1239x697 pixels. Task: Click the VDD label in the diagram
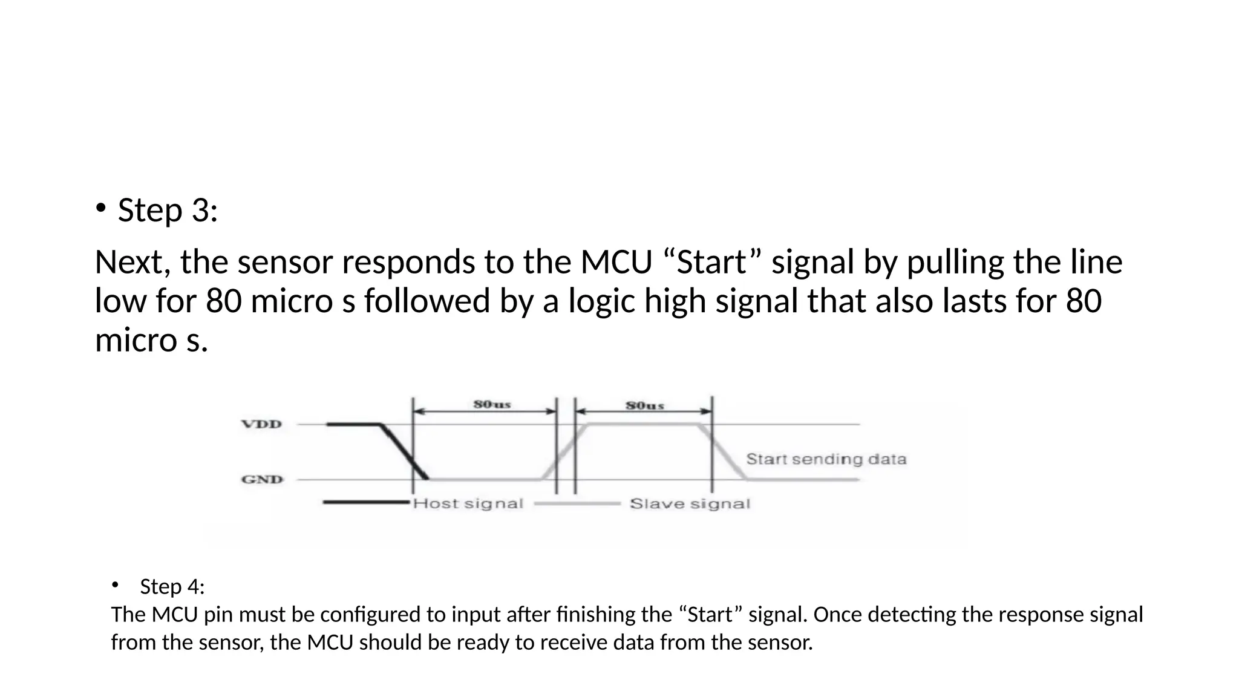pos(262,424)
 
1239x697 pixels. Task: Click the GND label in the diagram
pos(263,480)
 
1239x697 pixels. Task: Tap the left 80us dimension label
pos(492,404)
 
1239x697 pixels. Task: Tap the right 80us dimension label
pos(645,405)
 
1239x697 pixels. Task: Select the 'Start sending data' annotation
pos(826,459)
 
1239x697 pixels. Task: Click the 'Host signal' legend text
pos(468,503)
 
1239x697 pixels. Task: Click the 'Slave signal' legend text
pos(690,504)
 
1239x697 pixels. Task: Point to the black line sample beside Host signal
pos(367,502)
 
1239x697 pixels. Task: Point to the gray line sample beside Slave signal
pos(578,503)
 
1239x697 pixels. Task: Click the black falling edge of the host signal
pos(404,451)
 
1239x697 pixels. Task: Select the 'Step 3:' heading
pos(168,211)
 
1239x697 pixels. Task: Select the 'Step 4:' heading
pos(172,586)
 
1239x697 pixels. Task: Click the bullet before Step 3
pos(100,209)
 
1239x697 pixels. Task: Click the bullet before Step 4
pos(115,584)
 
